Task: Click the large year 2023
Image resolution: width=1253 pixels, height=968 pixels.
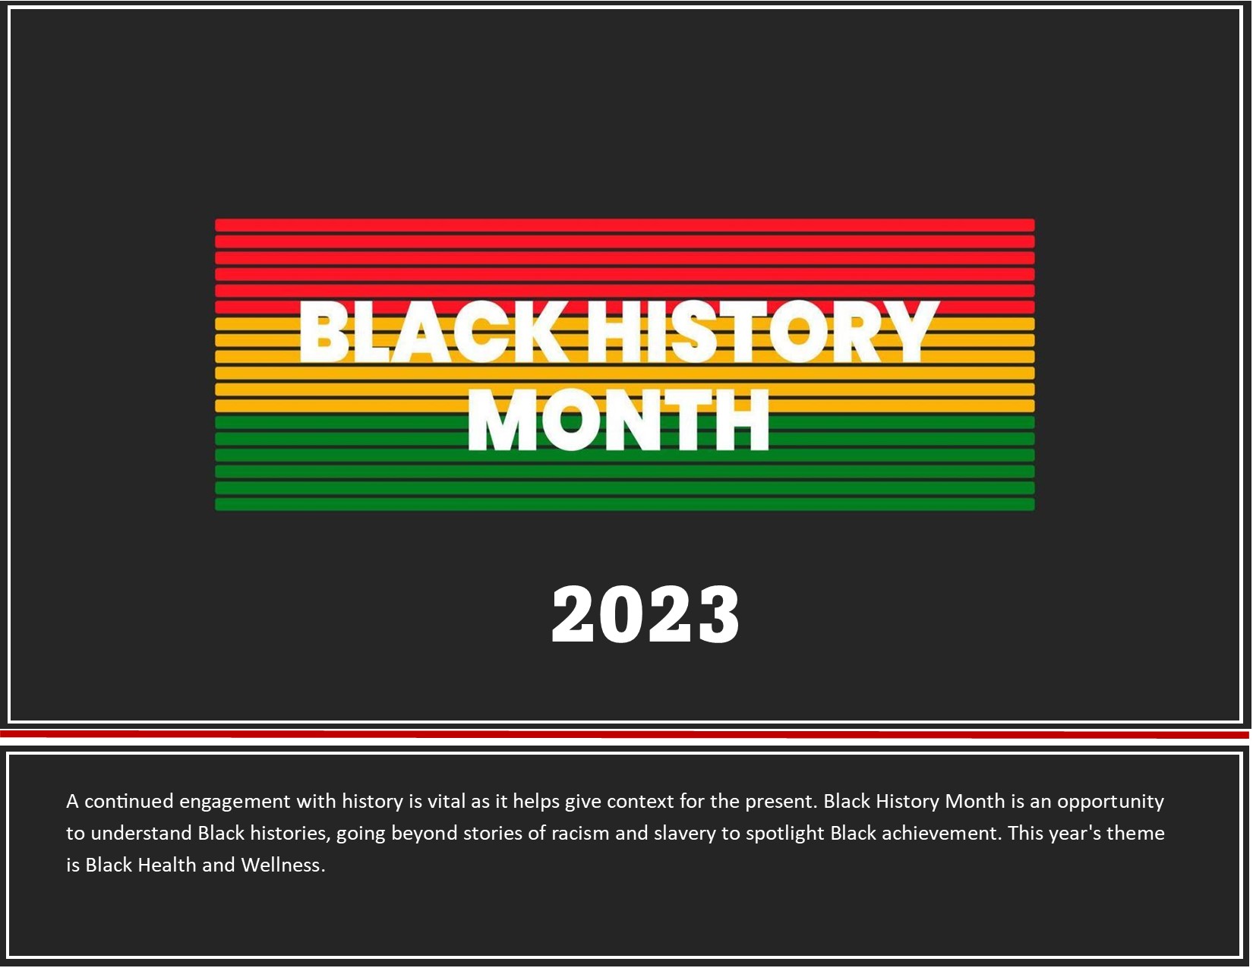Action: click(645, 614)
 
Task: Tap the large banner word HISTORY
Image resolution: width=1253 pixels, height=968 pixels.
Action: click(762, 332)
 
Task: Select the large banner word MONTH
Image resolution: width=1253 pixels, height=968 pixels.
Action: click(618, 419)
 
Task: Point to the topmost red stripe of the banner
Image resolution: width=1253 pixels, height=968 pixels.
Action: click(624, 225)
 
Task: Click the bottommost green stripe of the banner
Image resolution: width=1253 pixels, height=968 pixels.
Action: click(624, 504)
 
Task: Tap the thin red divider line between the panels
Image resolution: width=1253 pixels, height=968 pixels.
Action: click(624, 734)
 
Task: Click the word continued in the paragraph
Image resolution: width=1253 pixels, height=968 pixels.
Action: click(128, 802)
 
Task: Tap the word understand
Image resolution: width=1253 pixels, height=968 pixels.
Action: click(140, 833)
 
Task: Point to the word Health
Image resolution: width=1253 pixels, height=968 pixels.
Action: click(166, 865)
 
